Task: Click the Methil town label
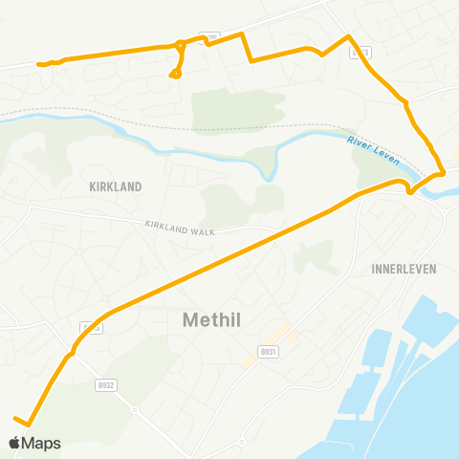(218, 321)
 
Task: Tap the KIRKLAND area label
(115, 187)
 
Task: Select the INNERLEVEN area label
(403, 270)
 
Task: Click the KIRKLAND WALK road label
(182, 229)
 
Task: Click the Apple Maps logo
(34, 443)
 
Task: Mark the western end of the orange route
(39, 64)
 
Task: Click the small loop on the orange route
(175, 73)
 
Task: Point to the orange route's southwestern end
(16, 418)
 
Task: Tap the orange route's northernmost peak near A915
(349, 36)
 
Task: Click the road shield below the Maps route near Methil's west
(92, 328)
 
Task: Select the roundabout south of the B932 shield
(135, 410)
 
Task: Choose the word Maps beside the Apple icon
(43, 443)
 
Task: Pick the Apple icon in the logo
(15, 443)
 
